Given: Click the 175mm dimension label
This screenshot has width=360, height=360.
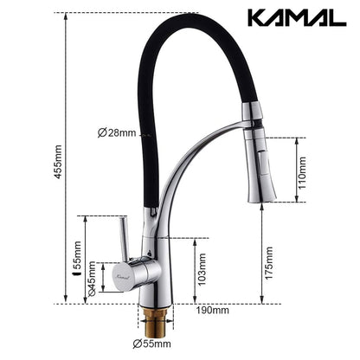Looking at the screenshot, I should (269, 257).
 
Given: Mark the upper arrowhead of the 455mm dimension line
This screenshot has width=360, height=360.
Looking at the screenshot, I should (66, 16).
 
